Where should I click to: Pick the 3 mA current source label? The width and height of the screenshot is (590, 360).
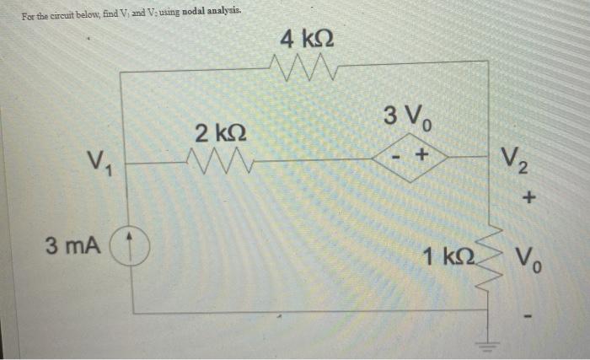tap(73, 246)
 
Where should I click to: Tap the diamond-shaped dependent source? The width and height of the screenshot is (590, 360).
tap(409, 157)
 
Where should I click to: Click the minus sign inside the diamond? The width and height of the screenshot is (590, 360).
tap(395, 157)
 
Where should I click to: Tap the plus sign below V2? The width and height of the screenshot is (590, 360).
tap(529, 199)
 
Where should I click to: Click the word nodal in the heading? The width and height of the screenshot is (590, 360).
tap(169, 10)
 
